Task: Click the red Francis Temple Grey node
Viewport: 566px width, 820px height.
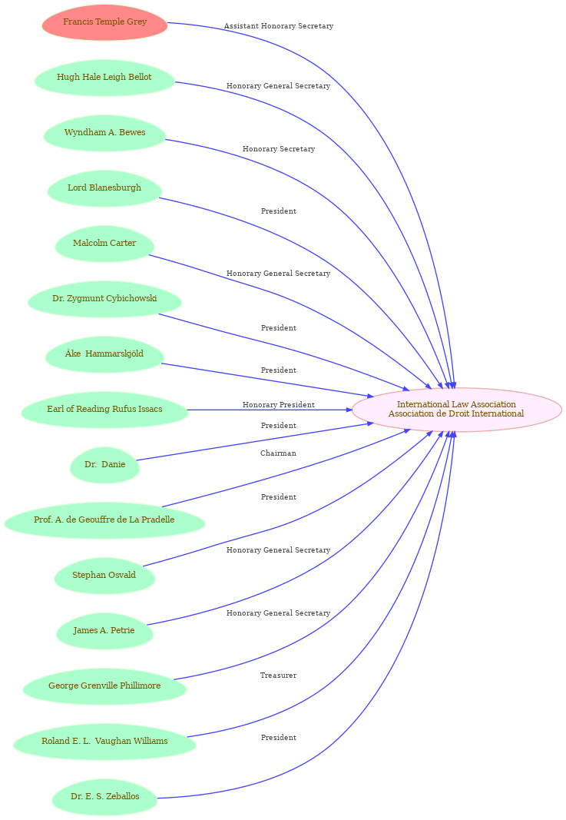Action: click(x=104, y=22)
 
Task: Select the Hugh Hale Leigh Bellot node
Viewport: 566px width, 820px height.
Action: click(x=104, y=78)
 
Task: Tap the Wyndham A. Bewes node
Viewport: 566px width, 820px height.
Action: click(x=104, y=133)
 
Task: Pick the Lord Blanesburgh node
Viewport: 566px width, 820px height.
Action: click(x=104, y=188)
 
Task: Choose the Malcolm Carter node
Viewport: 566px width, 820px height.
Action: click(x=104, y=244)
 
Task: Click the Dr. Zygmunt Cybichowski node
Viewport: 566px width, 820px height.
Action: click(x=104, y=299)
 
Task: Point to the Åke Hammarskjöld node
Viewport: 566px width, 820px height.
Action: click(x=104, y=354)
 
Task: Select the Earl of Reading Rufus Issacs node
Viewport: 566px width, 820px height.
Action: click(x=104, y=410)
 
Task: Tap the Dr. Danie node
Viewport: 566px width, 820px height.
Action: click(x=104, y=465)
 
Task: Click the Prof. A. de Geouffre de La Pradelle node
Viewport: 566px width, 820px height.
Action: click(x=104, y=520)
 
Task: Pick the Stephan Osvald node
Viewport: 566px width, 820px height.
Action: click(x=104, y=576)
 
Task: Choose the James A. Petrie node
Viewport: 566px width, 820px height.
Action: click(x=104, y=631)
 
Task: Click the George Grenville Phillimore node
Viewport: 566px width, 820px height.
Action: click(x=104, y=686)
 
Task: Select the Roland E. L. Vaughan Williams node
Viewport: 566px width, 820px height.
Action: click(x=104, y=742)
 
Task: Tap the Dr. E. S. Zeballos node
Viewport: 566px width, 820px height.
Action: click(x=104, y=797)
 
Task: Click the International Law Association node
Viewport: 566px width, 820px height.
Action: click(x=456, y=410)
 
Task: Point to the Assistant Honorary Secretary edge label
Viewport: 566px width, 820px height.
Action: click(x=279, y=26)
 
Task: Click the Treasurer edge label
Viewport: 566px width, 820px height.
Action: click(x=279, y=676)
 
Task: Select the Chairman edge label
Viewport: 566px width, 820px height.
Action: click(x=279, y=453)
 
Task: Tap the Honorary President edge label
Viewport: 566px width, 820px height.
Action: click(x=279, y=405)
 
